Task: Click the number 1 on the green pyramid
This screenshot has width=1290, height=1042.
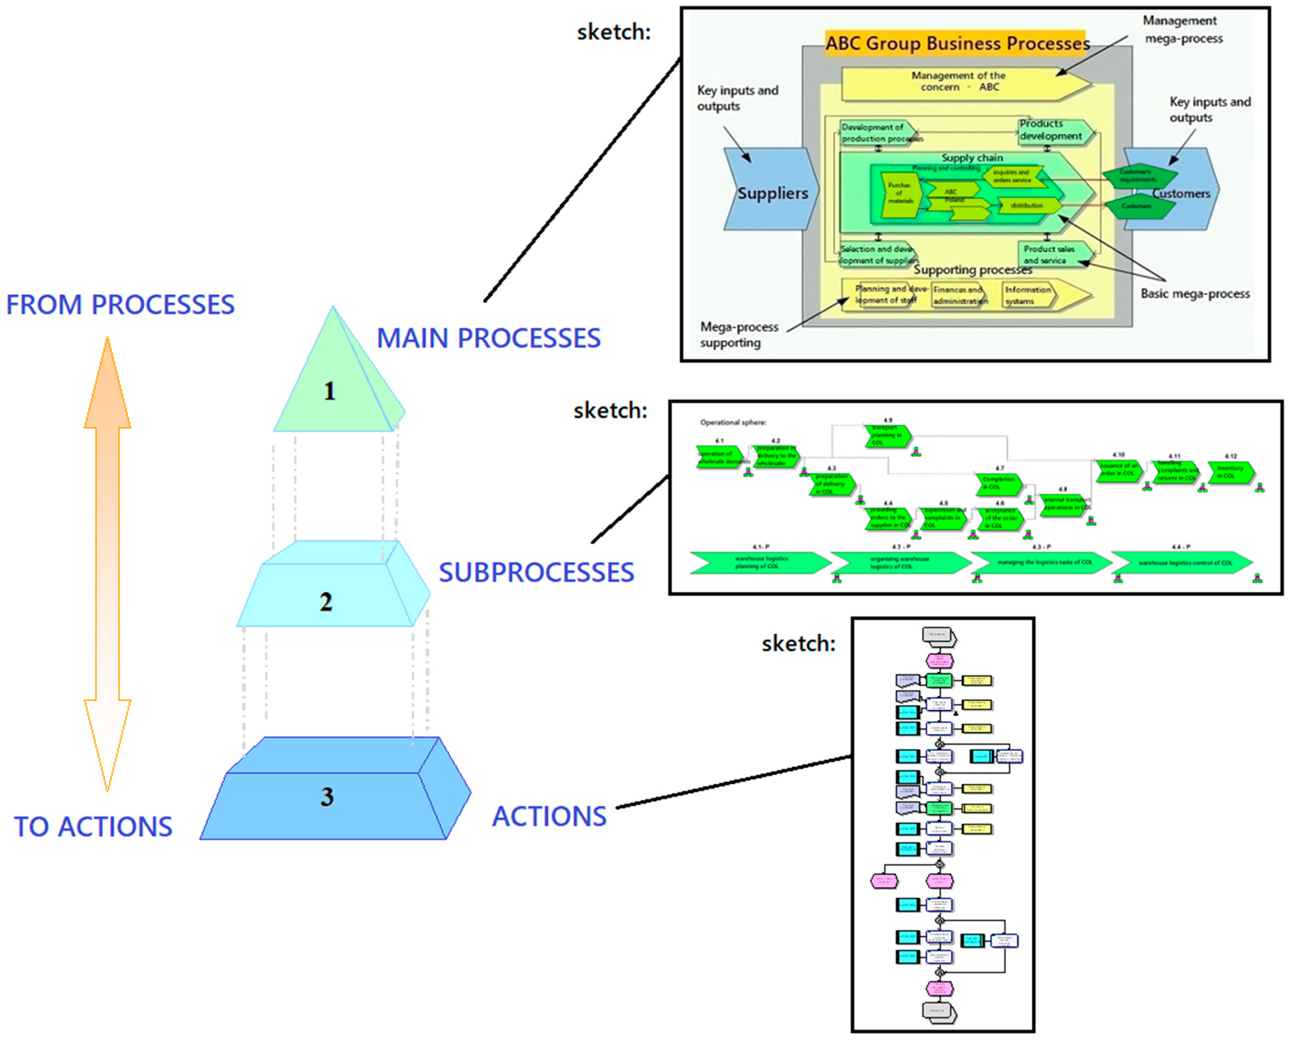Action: [329, 391]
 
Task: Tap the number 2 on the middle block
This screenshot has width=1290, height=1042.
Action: [326, 602]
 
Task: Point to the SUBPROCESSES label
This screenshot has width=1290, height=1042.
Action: [536, 573]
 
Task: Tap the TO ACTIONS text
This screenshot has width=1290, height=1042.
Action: [93, 827]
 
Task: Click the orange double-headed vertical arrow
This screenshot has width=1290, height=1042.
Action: [107, 564]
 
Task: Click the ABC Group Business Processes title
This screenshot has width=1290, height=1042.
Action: [957, 44]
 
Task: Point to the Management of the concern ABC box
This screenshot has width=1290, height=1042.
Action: [959, 82]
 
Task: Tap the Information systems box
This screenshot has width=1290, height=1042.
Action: [1028, 295]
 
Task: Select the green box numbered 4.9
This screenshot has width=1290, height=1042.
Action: [888, 435]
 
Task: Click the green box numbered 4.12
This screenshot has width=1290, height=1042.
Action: [1230, 472]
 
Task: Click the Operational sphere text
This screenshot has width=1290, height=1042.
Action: [732, 423]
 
